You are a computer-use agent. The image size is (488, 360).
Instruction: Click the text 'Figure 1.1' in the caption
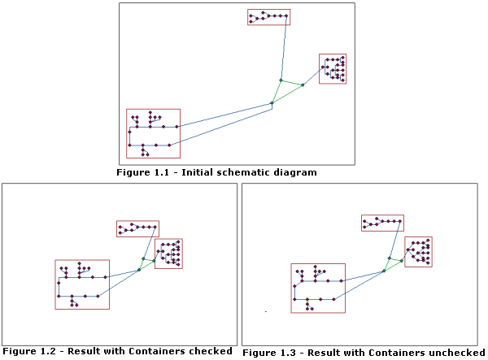tap(139, 172)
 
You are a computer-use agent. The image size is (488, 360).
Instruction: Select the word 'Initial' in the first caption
tap(185, 172)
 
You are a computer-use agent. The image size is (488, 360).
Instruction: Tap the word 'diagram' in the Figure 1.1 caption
tap(295, 172)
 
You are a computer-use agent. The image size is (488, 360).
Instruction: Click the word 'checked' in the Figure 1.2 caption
tap(213, 351)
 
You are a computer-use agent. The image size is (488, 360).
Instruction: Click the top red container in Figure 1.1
tap(268, 17)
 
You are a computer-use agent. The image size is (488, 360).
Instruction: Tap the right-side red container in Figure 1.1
tap(333, 69)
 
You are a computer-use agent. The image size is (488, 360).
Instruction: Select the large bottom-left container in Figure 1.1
tap(153, 133)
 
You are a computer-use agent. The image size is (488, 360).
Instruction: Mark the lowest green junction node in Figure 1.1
tap(272, 103)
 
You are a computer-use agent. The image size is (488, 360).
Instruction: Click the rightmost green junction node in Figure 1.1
tap(302, 85)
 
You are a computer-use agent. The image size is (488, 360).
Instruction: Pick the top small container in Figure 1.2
tap(137, 228)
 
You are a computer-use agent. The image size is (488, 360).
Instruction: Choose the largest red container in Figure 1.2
tap(81, 284)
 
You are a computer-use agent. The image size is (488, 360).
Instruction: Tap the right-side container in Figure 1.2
tap(168, 253)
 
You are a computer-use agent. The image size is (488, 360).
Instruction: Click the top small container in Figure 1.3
tap(381, 223)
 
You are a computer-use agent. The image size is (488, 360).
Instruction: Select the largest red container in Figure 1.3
tap(318, 288)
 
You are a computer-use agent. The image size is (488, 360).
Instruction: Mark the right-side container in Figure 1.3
tap(418, 252)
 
